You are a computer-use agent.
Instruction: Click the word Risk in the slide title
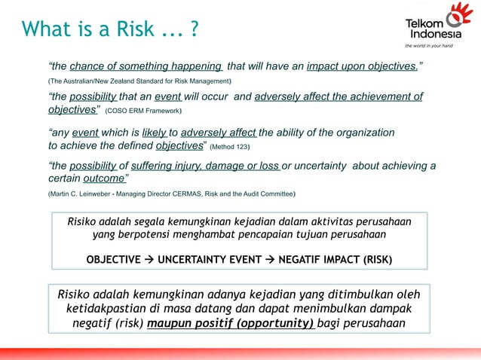(136, 29)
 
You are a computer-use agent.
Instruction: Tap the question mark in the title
(195, 29)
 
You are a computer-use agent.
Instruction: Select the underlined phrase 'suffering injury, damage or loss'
(206, 166)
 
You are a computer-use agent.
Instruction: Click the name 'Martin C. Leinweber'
(82, 194)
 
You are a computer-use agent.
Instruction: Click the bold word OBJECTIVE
(113, 259)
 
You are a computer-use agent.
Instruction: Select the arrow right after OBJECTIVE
(149, 259)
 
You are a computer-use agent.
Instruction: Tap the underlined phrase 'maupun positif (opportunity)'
(231, 324)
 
